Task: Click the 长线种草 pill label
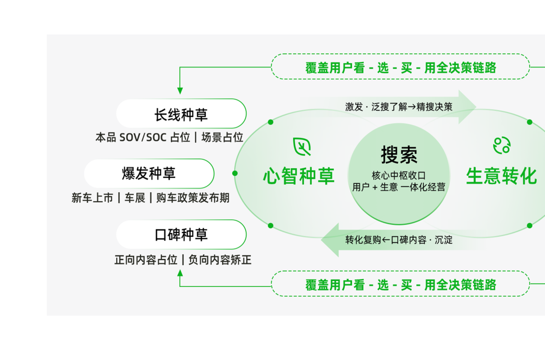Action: [181, 114]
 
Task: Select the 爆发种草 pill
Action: [149, 173]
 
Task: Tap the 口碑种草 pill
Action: [181, 234]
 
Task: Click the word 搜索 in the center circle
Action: [399, 155]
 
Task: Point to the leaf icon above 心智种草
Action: [302, 147]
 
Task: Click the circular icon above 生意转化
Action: [502, 146]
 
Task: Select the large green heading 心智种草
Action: [299, 176]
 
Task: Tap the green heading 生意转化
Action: [501, 176]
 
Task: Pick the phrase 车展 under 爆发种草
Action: [135, 198]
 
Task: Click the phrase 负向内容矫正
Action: [220, 260]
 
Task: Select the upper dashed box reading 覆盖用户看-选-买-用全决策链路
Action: [400, 68]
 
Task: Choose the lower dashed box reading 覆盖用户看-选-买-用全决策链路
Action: [400, 284]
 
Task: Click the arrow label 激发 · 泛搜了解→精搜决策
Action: [399, 107]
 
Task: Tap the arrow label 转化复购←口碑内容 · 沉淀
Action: [399, 240]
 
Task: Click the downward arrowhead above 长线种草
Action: [180, 91]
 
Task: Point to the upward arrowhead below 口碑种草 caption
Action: [180, 273]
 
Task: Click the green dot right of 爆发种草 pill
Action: [235, 173]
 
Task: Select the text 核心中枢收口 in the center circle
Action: [399, 175]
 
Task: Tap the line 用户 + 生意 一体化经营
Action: [399, 187]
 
